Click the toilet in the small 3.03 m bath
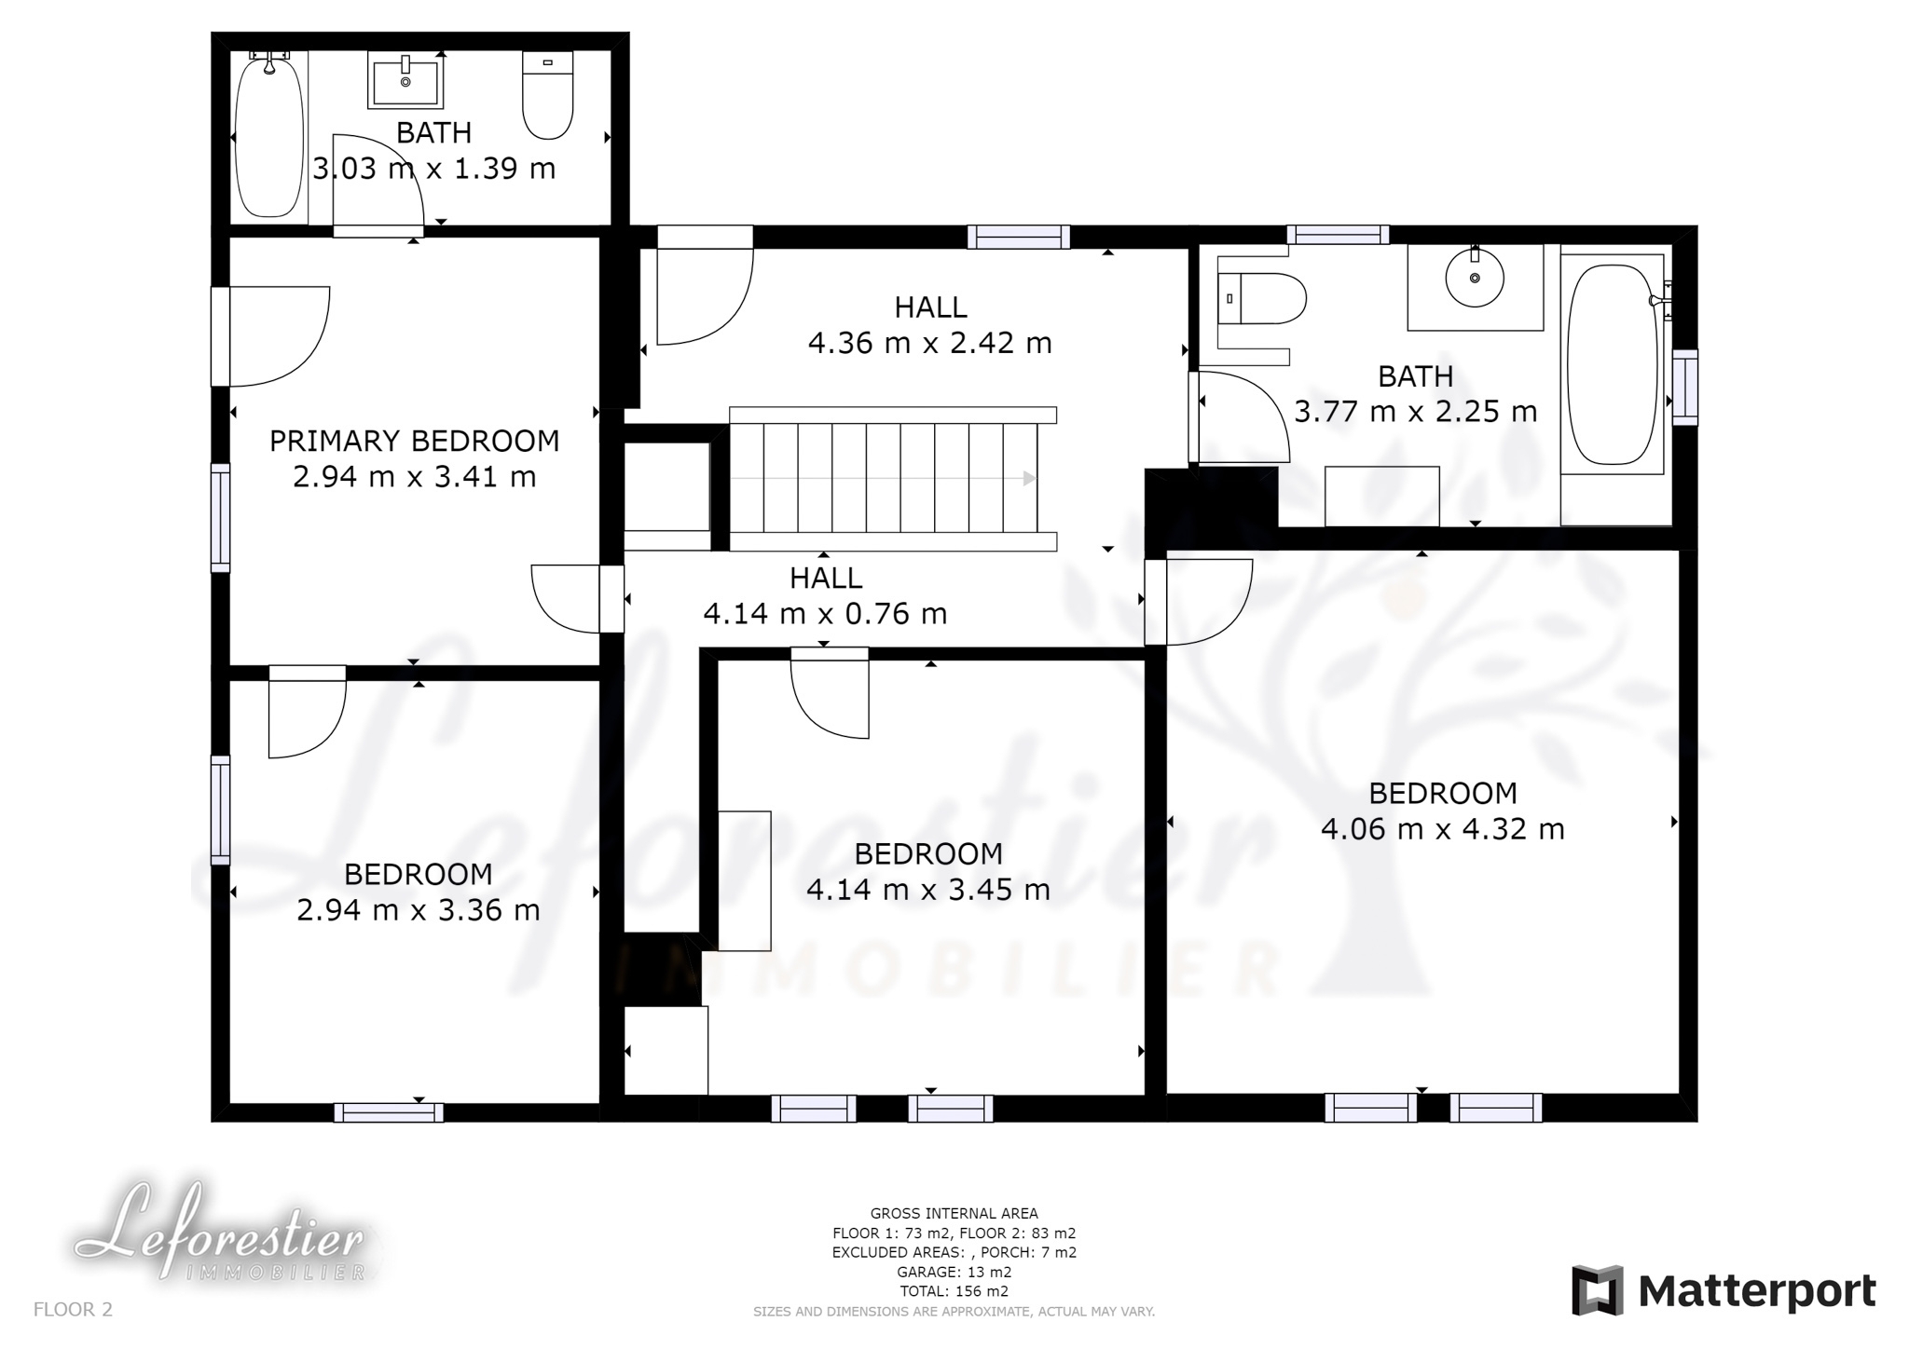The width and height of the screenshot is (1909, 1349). [547, 95]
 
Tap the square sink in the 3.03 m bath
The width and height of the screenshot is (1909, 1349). [405, 80]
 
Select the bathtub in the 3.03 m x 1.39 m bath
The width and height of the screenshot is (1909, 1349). [269, 135]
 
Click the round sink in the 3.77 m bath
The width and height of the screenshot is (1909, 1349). [1475, 277]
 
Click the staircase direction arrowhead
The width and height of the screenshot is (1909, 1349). [1029, 478]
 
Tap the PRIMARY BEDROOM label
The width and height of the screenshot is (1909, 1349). [415, 441]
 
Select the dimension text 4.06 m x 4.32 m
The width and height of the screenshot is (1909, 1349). [1443, 828]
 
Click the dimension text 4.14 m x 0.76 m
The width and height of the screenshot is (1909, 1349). [825, 613]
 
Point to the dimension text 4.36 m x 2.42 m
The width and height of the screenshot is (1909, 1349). [930, 343]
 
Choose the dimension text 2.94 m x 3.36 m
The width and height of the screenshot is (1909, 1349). [419, 909]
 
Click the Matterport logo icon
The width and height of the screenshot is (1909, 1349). [1598, 1290]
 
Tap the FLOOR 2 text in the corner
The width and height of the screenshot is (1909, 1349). [73, 1309]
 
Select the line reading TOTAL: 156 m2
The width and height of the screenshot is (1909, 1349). [954, 1291]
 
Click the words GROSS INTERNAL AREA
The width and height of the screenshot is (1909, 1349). [954, 1213]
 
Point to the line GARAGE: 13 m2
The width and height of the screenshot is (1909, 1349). [954, 1272]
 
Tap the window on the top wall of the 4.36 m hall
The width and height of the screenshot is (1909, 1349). [1018, 237]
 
